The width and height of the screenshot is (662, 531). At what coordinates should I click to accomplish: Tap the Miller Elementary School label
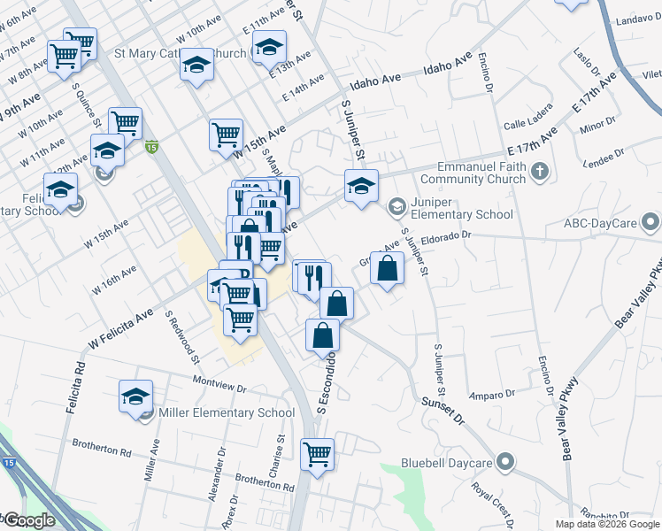(227, 412)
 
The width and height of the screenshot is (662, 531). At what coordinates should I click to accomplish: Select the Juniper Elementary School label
(461, 214)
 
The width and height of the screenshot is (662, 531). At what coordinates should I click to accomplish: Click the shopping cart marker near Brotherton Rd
(317, 455)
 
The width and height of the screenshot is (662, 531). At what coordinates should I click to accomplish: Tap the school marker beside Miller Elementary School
(135, 396)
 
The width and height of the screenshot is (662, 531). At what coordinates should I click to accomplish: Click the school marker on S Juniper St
(361, 186)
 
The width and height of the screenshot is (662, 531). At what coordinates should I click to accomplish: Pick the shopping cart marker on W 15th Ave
(227, 135)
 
